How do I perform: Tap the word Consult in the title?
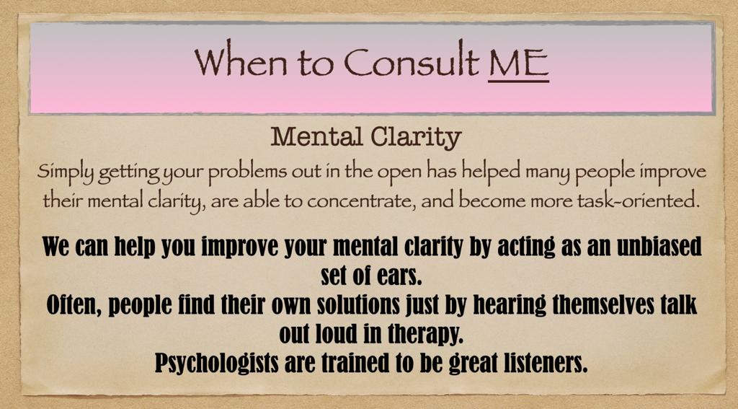click(x=412, y=61)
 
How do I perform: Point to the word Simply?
click(x=67, y=172)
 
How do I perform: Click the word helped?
click(x=491, y=172)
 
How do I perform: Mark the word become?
click(x=492, y=201)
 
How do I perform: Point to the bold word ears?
click(x=396, y=276)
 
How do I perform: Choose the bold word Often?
click(x=75, y=305)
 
